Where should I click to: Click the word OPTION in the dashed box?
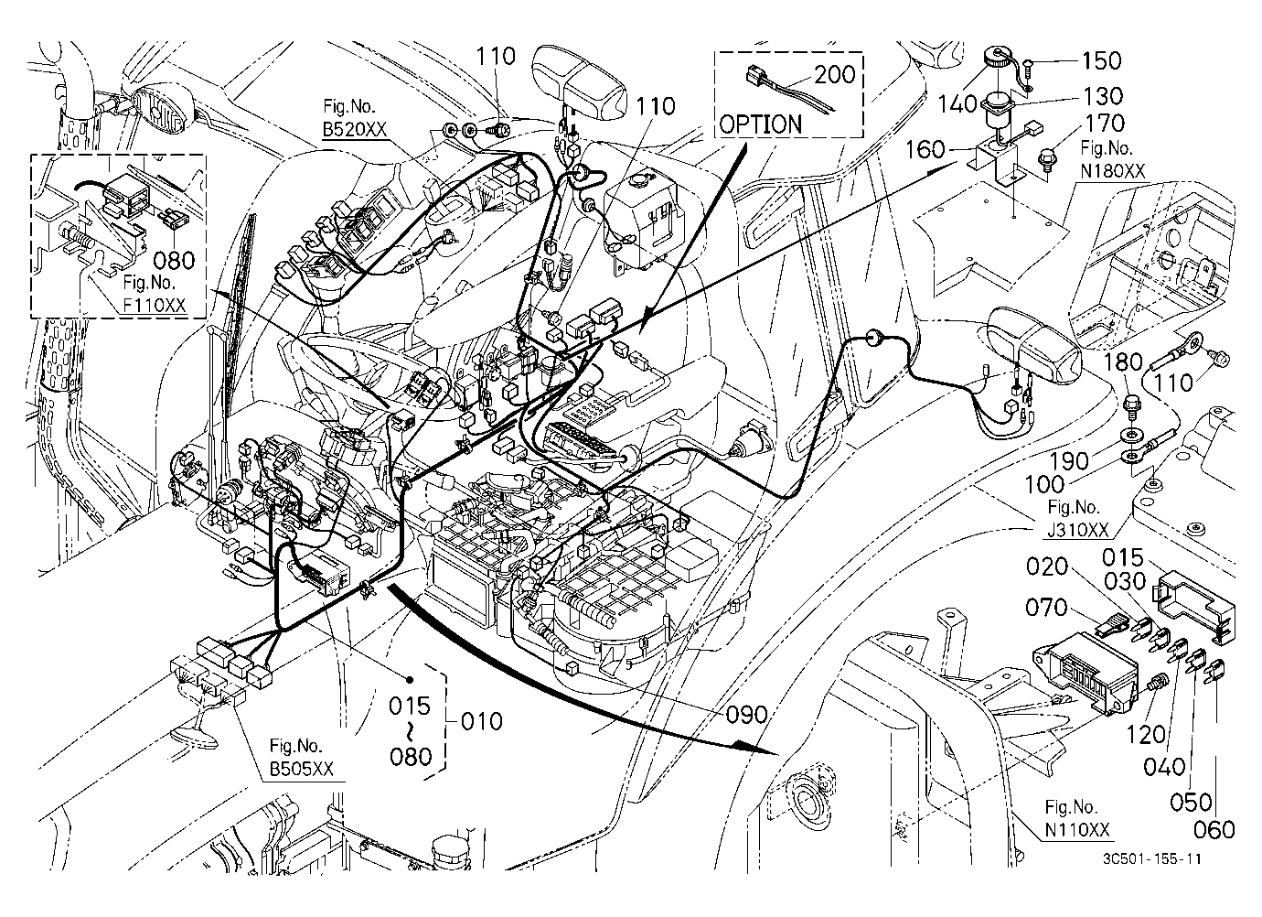pyautogui.click(x=761, y=124)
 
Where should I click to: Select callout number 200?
pyautogui.click(x=834, y=74)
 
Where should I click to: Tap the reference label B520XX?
pyautogui.click(x=355, y=129)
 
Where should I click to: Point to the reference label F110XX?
pyautogui.click(x=155, y=305)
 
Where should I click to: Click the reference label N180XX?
pyautogui.click(x=1113, y=171)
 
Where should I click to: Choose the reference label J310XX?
pyautogui.click(x=1078, y=530)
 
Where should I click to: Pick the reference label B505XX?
pyautogui.click(x=302, y=768)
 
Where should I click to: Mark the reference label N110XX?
pyautogui.click(x=1077, y=829)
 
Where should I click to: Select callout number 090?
pyautogui.click(x=746, y=715)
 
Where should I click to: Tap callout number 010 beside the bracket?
pyautogui.click(x=482, y=721)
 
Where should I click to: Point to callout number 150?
pyautogui.click(x=1101, y=60)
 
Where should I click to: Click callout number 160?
pyautogui.click(x=925, y=149)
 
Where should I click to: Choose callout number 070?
pyautogui.click(x=1046, y=608)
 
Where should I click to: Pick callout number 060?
pyautogui.click(x=1214, y=829)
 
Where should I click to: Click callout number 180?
pyautogui.click(x=1123, y=361)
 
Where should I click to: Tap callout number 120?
pyautogui.click(x=1147, y=735)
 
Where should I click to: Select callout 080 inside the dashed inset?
pyautogui.click(x=174, y=261)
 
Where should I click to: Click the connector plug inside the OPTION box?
pyautogui.click(x=755, y=74)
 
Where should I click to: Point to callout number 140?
pyautogui.click(x=957, y=103)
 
